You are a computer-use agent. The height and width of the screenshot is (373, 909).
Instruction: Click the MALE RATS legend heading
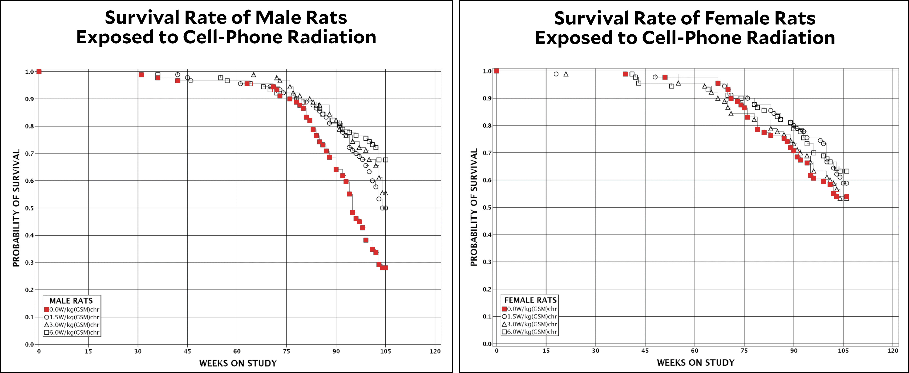coord(71,301)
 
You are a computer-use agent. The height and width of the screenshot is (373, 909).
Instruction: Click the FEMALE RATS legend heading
coord(530,300)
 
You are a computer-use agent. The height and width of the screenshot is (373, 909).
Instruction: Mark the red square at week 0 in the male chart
coord(39,72)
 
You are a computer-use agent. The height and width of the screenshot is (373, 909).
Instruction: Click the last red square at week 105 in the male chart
coord(385,268)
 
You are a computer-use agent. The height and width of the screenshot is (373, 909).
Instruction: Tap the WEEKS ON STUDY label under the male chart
coord(238,363)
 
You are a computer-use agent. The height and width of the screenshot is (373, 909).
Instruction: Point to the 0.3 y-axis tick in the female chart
coord(487,262)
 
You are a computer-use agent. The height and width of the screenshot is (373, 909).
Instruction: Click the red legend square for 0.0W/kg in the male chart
coord(46,309)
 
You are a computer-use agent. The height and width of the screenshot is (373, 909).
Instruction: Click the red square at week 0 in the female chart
coord(497,71)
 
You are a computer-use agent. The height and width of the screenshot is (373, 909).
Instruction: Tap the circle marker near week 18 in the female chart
coord(556,74)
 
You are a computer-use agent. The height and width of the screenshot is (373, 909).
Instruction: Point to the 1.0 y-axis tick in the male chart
coord(29,72)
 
